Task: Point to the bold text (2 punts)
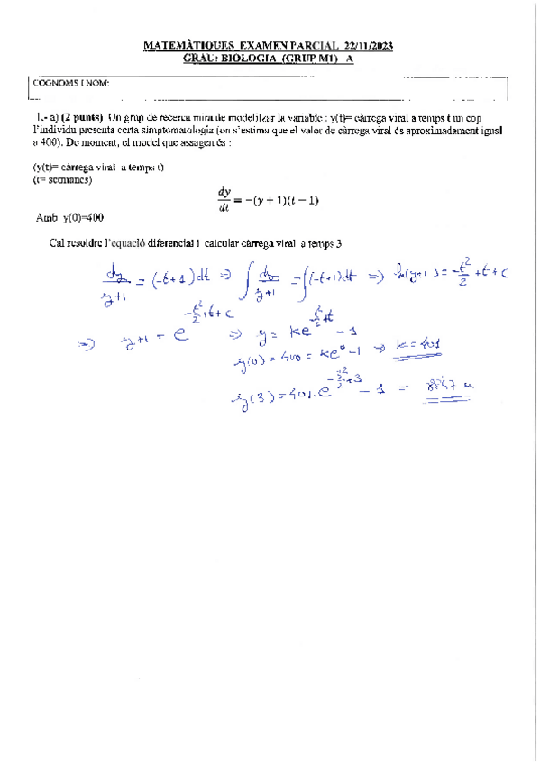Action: click(x=82, y=118)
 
